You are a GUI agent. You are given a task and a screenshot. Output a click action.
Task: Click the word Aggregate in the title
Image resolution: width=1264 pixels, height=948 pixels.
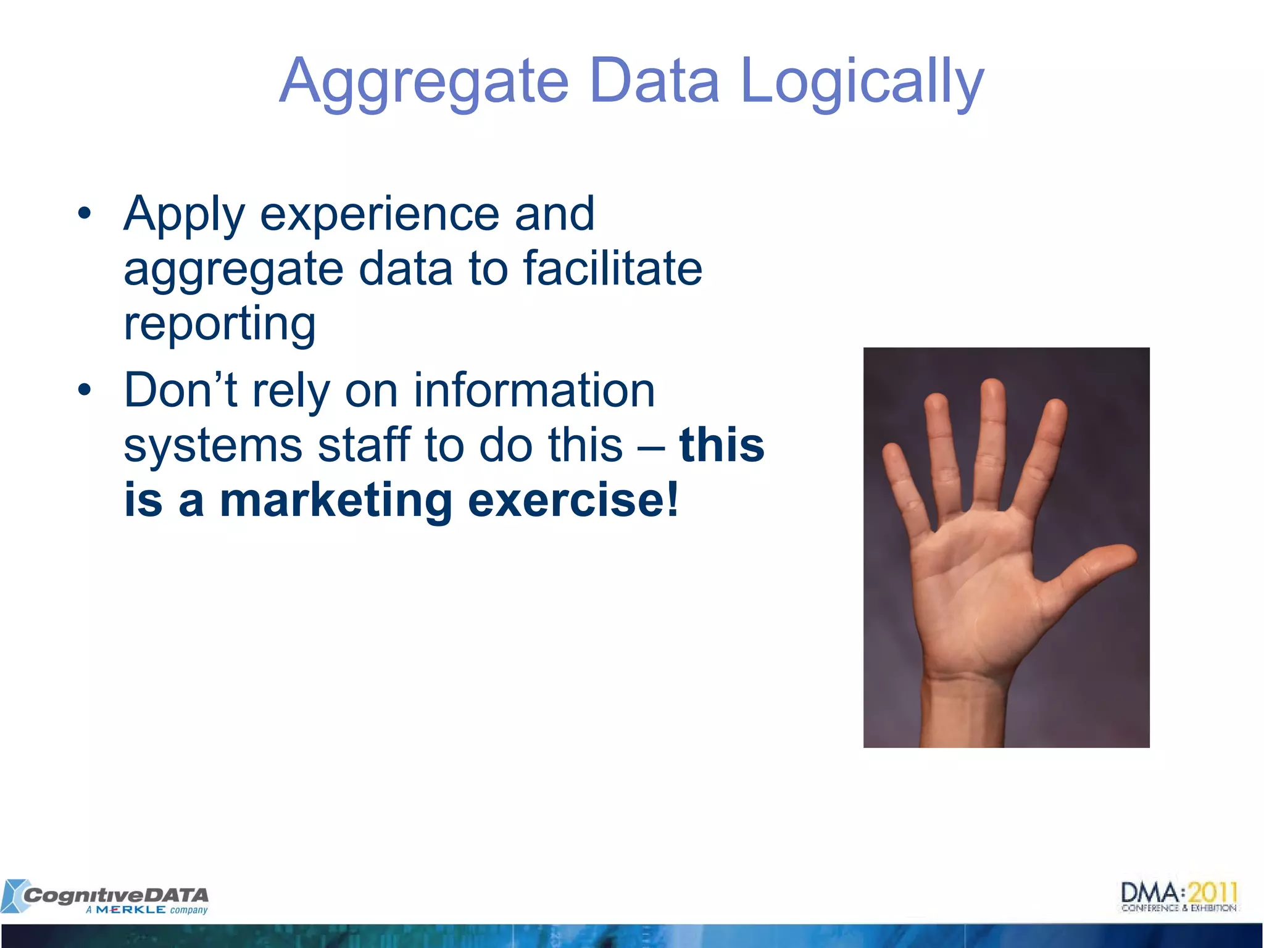click(x=424, y=83)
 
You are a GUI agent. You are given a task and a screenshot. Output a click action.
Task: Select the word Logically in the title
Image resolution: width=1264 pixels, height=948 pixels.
click(x=862, y=83)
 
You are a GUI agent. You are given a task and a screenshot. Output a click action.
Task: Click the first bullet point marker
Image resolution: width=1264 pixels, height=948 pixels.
click(x=85, y=214)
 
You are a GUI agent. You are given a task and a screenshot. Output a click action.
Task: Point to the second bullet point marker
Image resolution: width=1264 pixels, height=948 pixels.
click(x=85, y=391)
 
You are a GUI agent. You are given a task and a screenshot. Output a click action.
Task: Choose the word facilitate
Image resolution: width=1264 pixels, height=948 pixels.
click(x=613, y=268)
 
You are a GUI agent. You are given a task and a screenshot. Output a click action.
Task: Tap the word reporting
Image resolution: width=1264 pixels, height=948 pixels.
click(x=220, y=324)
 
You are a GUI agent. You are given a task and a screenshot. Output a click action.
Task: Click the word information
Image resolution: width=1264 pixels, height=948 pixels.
click(x=534, y=390)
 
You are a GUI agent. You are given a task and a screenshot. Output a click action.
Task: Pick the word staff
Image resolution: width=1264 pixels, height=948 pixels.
click(x=364, y=444)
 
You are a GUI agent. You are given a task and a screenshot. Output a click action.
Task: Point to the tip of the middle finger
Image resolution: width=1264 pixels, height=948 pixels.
click(x=992, y=389)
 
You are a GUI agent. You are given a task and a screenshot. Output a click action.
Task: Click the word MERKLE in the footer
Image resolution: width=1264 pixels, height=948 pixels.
click(x=131, y=910)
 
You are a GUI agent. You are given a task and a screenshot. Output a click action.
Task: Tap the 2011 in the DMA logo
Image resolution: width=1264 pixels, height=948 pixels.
click(x=1213, y=892)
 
